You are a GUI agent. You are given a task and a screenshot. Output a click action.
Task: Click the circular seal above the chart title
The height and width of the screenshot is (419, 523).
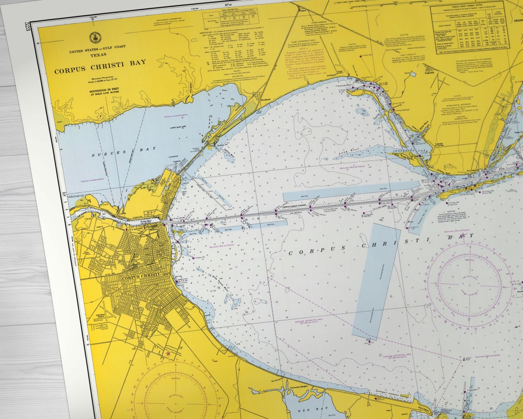(x=95, y=37)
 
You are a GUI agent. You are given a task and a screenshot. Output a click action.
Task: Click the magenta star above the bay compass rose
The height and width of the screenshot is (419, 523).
(x=462, y=235)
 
